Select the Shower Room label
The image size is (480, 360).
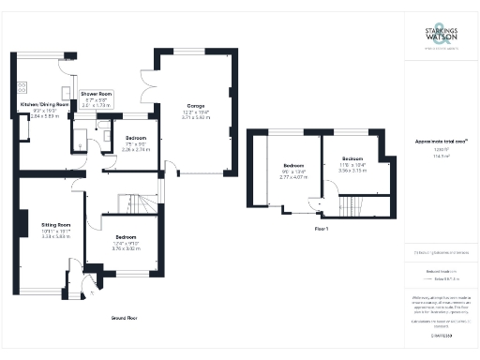pyautogui.click(x=96, y=94)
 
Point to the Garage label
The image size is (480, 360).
pyautogui.click(x=195, y=105)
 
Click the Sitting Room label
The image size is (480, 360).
pyautogui.click(x=55, y=225)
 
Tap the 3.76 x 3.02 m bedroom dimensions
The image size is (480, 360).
pyautogui.click(x=126, y=249)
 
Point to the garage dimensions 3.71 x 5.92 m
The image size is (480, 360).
pyautogui.click(x=195, y=117)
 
